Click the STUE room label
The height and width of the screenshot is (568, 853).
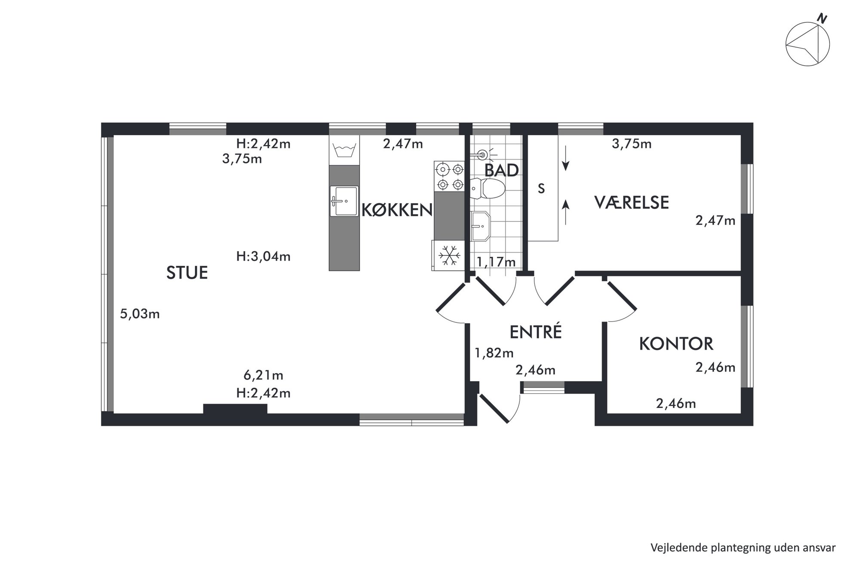(187, 273)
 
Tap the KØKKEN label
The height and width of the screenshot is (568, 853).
(397, 210)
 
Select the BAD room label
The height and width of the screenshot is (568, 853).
(501, 170)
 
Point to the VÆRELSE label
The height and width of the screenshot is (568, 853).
(632, 202)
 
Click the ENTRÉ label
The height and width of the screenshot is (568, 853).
(536, 332)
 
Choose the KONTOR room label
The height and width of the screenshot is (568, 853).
(676, 343)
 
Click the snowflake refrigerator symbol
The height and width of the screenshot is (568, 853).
(449, 255)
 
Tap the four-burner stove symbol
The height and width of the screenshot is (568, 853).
(449, 176)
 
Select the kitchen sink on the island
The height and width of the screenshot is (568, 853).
(344, 201)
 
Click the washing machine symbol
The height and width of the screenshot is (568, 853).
(344, 150)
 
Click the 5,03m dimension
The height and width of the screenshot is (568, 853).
(140, 314)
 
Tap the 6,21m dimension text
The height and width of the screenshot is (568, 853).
(263, 375)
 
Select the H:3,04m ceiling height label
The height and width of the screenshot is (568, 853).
(263, 256)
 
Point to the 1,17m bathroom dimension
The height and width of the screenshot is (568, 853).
(496, 261)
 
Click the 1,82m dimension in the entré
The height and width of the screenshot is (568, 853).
(494, 353)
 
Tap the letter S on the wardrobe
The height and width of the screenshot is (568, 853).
(541, 188)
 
